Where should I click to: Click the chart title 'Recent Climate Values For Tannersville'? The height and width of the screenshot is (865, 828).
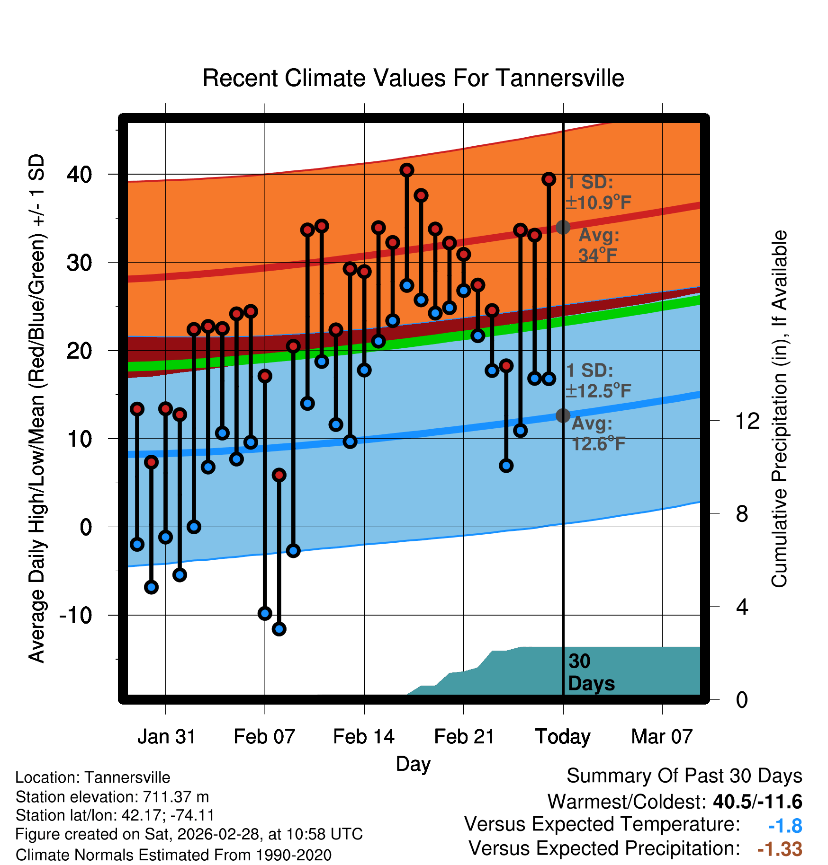(x=413, y=78)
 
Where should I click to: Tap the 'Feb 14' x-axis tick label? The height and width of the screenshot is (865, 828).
(x=364, y=737)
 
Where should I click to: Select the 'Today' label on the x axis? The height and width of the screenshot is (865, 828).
(x=563, y=737)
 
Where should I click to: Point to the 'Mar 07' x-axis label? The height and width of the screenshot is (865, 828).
(x=662, y=737)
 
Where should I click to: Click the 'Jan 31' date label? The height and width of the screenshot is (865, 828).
(x=166, y=737)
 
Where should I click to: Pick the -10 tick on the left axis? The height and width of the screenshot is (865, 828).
(x=76, y=615)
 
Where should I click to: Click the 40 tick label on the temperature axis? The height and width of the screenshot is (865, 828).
(x=80, y=175)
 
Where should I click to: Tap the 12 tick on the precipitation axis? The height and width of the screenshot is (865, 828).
(x=747, y=421)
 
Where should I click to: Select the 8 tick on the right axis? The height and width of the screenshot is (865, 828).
(x=742, y=514)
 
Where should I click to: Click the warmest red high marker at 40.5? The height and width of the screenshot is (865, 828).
(x=407, y=170)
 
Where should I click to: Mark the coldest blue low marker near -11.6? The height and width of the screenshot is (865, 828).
(x=279, y=629)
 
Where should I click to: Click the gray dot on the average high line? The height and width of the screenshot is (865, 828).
(x=563, y=227)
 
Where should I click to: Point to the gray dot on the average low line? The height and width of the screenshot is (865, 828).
(x=563, y=415)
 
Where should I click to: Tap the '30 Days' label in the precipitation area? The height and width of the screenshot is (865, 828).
(x=591, y=672)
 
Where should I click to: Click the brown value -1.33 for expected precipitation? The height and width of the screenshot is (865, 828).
(x=780, y=849)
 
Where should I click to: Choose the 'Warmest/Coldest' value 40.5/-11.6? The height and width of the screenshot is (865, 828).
(x=757, y=802)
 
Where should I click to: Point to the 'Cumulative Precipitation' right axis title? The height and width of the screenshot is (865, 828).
(x=779, y=409)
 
